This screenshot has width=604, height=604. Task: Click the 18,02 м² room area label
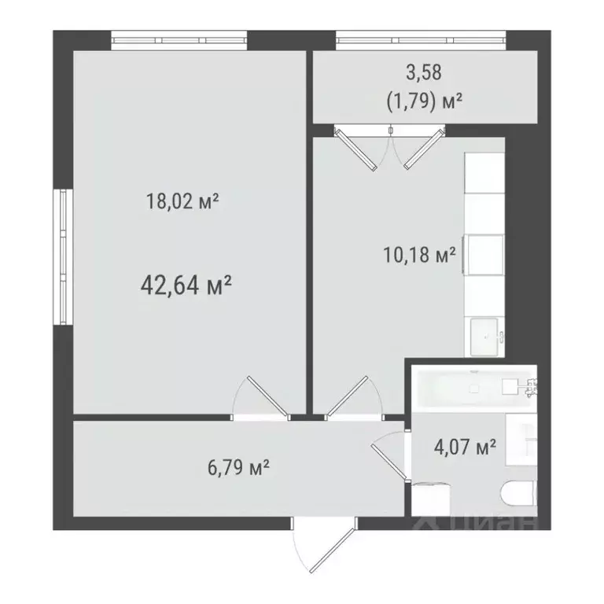tap(182, 202)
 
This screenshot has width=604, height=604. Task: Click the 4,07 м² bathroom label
tap(465, 447)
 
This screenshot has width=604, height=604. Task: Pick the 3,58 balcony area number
tap(423, 73)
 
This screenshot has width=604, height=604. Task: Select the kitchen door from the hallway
tap(351, 397)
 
